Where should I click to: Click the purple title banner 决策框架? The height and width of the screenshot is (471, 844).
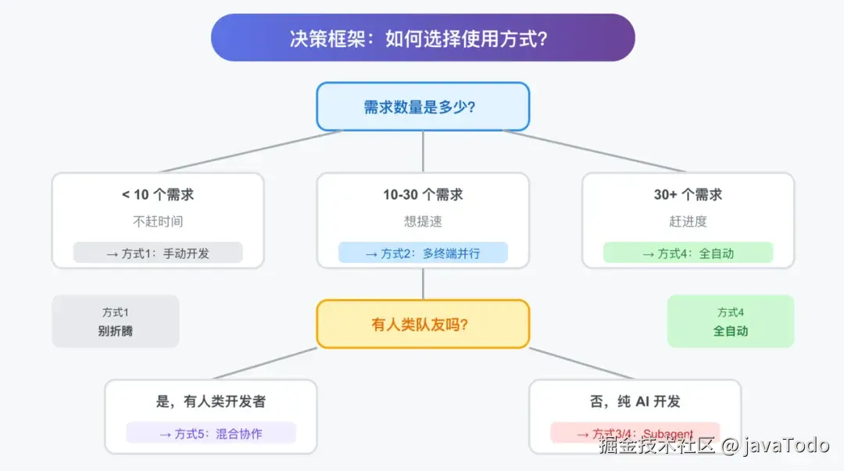click(x=423, y=38)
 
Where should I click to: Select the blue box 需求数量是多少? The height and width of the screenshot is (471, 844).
click(x=423, y=107)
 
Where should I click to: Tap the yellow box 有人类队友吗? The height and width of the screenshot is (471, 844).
click(x=423, y=324)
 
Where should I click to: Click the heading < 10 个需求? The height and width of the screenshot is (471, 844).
click(x=158, y=195)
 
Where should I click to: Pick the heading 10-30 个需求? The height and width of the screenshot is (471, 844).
click(x=423, y=195)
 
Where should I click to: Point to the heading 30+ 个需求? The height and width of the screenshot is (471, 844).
click(x=688, y=195)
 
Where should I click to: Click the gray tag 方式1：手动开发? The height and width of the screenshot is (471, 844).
click(x=158, y=253)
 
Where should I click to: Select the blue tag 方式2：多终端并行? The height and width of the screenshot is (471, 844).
click(x=423, y=253)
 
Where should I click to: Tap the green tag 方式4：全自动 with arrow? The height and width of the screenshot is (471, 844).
click(x=688, y=253)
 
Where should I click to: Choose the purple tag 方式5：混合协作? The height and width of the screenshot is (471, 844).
click(x=211, y=433)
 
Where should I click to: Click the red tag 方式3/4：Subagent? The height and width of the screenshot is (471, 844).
click(x=635, y=433)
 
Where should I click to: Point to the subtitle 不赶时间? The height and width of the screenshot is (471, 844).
click(x=158, y=221)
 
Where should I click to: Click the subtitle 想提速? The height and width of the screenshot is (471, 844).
click(x=423, y=221)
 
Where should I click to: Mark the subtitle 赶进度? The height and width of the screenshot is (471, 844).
click(x=688, y=221)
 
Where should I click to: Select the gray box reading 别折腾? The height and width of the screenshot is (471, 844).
click(x=116, y=322)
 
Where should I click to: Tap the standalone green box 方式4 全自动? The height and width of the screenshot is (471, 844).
click(x=731, y=322)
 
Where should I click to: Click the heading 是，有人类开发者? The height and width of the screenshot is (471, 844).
click(x=211, y=401)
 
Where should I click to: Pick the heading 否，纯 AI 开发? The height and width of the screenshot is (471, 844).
click(x=635, y=401)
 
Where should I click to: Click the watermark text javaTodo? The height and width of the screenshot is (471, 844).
click(x=786, y=446)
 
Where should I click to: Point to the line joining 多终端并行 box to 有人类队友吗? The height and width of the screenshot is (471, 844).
click(x=423, y=284)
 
